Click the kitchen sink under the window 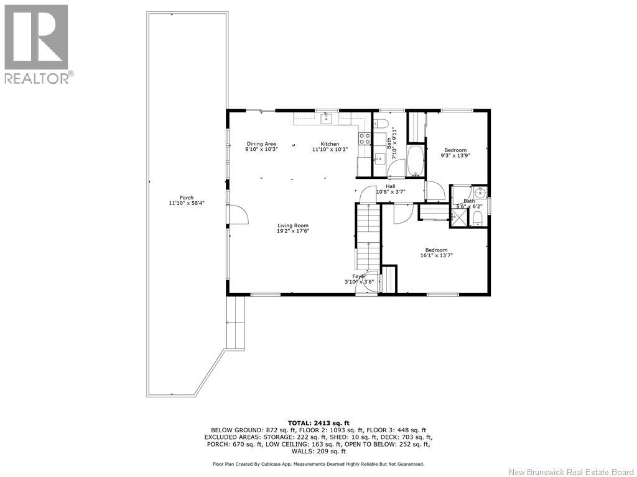[x=326, y=119]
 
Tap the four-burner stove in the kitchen [x=365, y=139]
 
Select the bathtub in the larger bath [x=415, y=161]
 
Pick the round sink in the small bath [x=480, y=191]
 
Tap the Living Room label [x=293, y=225]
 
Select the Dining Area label [x=261, y=143]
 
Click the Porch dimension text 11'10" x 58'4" [x=187, y=203]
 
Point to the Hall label [x=391, y=186]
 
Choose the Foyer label [x=359, y=276]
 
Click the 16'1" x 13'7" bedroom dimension [x=436, y=255]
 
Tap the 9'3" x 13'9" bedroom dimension [x=455, y=155]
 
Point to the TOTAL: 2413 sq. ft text [x=318, y=422]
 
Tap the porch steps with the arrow [x=235, y=322]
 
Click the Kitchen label [x=330, y=143]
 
